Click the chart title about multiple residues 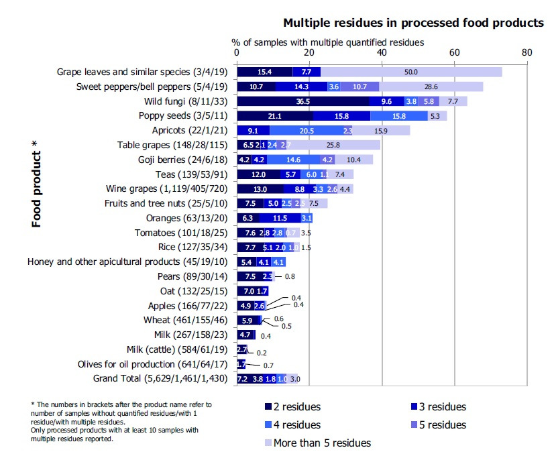[413, 23]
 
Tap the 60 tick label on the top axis [454, 53]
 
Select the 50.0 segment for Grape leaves [411, 72]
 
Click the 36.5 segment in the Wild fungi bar [303, 101]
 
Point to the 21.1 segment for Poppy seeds [274, 116]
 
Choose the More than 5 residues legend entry [315, 443]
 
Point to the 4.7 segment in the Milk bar [245, 335]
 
